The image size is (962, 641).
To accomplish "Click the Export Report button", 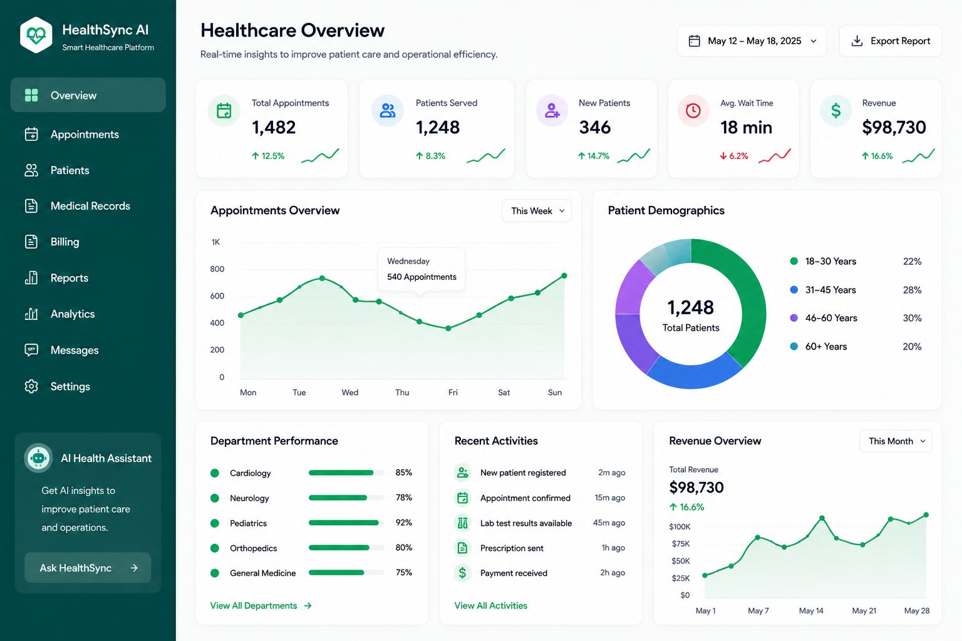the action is (x=890, y=41).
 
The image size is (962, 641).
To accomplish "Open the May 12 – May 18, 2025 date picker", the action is (x=752, y=41).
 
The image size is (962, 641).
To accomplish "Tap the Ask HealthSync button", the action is (x=88, y=568).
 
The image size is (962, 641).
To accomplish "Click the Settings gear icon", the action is (x=31, y=386).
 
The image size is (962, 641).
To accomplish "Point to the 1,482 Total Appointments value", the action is (x=274, y=127).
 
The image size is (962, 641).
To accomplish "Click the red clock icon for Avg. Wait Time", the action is (x=693, y=110).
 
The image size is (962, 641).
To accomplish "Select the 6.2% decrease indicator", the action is (x=734, y=156).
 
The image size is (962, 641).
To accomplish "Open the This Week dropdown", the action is (x=536, y=211).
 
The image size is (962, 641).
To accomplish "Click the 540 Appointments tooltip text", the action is (x=422, y=277).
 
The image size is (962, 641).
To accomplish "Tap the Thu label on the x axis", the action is (x=402, y=392).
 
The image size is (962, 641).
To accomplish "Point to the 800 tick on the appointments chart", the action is (x=217, y=269).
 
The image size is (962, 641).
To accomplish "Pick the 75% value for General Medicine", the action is (x=404, y=572).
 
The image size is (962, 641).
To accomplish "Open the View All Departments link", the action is (x=261, y=605).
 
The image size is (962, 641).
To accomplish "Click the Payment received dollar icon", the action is (x=463, y=573).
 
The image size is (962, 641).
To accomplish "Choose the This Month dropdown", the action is (x=896, y=441).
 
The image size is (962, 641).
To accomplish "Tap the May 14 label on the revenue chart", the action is (x=811, y=610).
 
